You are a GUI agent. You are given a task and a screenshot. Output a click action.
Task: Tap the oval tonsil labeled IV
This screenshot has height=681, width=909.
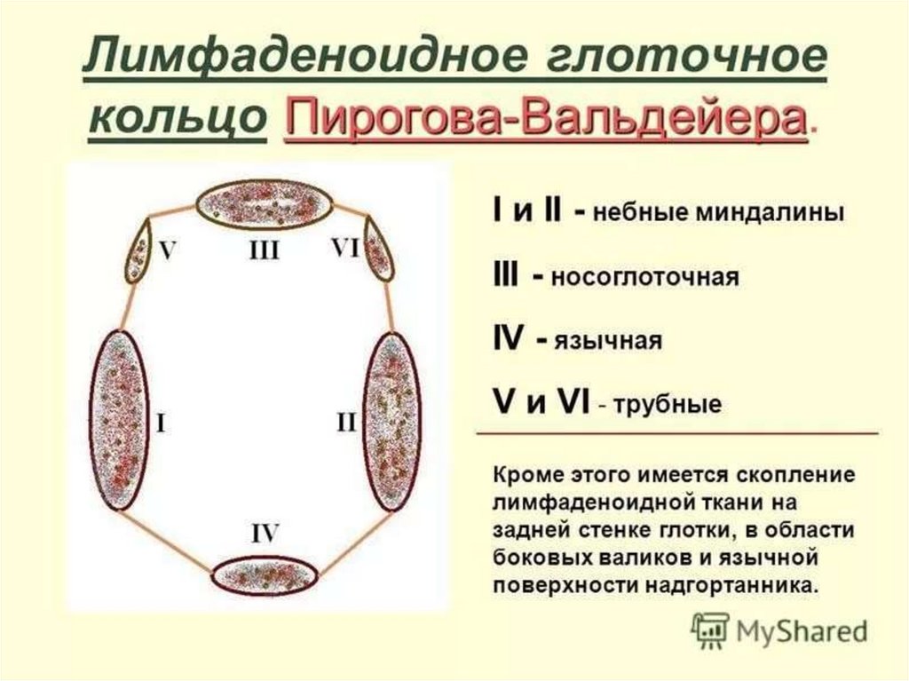pos(264,574)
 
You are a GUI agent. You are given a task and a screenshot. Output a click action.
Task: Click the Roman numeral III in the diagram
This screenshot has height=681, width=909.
pos(264,251)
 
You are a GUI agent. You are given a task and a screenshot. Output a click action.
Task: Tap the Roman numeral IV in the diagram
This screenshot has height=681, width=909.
pos(265,533)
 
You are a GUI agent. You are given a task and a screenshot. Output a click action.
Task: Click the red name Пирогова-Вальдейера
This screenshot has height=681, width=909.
pos(545,119)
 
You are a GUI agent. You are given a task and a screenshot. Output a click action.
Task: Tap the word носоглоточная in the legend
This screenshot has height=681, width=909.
pos(645,278)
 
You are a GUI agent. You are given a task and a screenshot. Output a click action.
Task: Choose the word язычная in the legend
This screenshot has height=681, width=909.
pos(609,342)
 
